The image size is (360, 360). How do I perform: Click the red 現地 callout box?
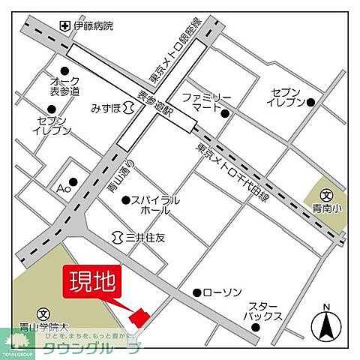(93, 283)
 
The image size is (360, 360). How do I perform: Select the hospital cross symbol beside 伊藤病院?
(66, 26)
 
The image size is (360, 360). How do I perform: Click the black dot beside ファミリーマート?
(225, 113)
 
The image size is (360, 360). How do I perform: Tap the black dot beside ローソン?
(196, 292)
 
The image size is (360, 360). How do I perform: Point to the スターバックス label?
(265, 311)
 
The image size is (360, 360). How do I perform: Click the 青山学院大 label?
(45, 326)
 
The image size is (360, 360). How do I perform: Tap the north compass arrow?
(326, 326)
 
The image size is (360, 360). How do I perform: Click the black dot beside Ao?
(73, 181)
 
